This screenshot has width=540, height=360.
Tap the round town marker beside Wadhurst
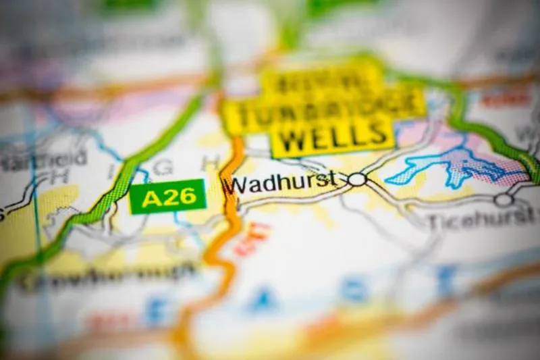pos(357,179)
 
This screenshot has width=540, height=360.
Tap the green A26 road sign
pos(167,197)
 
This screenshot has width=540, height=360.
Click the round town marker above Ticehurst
pos(503,199)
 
